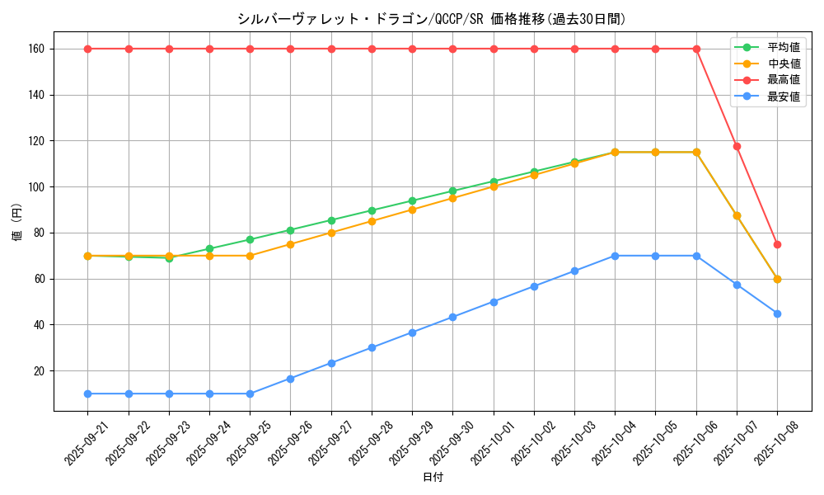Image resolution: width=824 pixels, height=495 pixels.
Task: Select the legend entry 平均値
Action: (783, 47)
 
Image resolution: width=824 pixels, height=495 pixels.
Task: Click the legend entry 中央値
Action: (783, 64)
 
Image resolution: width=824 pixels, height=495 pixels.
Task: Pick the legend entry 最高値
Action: (783, 80)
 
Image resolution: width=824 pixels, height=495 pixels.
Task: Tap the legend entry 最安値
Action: (783, 97)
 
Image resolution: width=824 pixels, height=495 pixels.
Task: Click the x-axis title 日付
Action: (433, 478)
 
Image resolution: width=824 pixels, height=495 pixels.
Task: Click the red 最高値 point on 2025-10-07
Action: (737, 146)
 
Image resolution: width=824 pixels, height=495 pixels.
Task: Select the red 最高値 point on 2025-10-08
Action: (777, 244)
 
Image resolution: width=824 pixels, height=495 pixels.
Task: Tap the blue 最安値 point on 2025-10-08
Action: (777, 313)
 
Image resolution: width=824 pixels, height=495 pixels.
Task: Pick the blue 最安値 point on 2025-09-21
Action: (87, 394)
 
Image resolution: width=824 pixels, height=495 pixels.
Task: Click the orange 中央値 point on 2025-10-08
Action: (777, 279)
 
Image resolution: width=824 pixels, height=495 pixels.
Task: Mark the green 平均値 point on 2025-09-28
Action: (372, 210)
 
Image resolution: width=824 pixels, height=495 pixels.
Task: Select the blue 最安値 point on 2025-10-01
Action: (494, 302)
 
